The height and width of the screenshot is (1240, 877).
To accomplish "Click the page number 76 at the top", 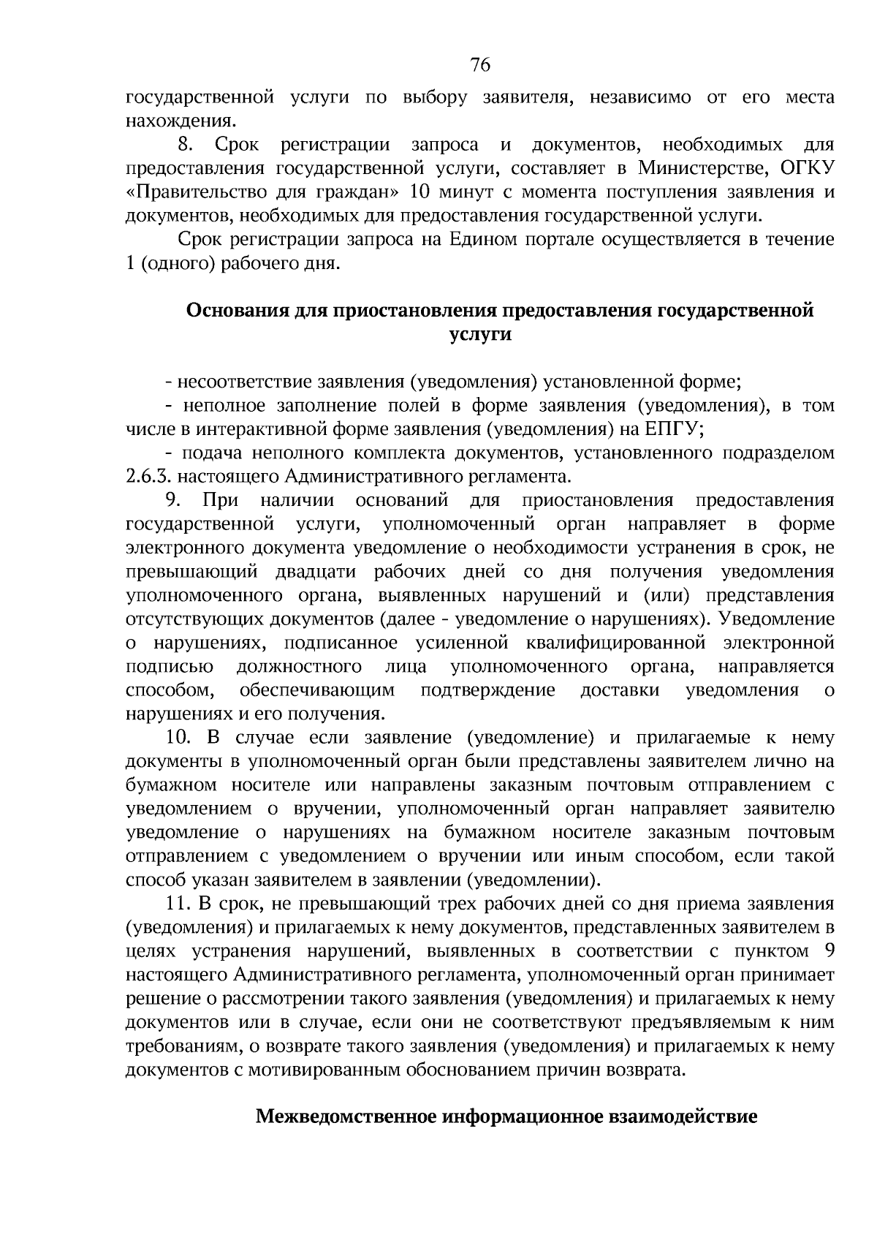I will click(x=480, y=66).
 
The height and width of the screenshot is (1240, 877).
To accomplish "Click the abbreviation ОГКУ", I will click(x=807, y=169).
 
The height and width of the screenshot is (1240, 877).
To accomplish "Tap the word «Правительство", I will click(x=188, y=192).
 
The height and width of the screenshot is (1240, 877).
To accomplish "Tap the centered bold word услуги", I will click(x=479, y=334).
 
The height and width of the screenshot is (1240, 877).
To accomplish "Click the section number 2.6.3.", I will click(x=148, y=477).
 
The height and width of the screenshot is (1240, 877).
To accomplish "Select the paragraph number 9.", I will click(x=173, y=501).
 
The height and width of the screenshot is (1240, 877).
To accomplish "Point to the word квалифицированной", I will click(x=615, y=643).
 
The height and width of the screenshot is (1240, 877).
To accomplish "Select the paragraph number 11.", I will click(x=178, y=904).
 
